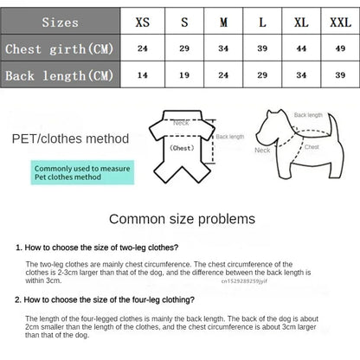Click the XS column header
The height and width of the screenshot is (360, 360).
[143, 22]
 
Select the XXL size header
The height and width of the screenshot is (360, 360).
[335, 22]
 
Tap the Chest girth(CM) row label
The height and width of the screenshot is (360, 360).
[59, 48]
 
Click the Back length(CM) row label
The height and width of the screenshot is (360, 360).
[59, 75]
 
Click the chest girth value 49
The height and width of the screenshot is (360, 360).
[335, 48]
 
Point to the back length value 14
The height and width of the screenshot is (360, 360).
[143, 75]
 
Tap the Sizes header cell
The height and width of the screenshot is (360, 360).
[59, 22]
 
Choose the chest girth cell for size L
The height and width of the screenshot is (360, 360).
[261, 48]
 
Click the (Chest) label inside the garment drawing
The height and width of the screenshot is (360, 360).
[181, 148]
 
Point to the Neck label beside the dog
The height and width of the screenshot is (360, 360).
[262, 150]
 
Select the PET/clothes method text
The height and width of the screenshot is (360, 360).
[70, 138]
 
